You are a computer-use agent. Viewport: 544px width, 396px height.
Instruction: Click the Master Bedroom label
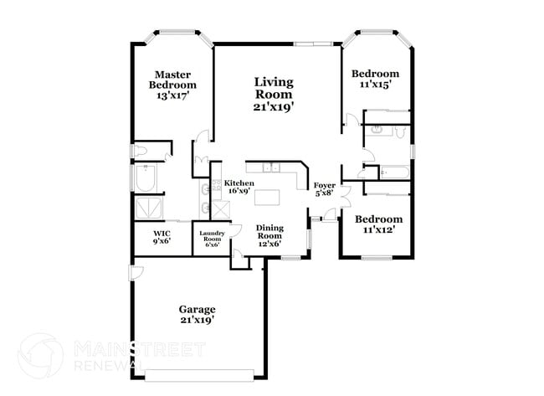coord(172,85)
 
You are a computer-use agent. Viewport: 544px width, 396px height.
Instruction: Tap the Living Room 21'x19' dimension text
coord(274,107)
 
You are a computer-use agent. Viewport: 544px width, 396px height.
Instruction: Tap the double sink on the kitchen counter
coord(270,167)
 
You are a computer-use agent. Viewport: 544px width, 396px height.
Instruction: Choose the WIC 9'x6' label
coord(162,237)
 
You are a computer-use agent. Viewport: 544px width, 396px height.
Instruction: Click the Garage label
coord(197,313)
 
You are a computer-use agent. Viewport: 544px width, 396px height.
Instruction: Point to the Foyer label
coord(323,188)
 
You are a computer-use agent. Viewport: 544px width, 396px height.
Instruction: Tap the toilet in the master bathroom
coord(141,152)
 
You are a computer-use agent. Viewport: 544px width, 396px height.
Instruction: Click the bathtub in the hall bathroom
coord(391,173)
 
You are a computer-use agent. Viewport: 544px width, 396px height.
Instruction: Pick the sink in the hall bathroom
coord(376,130)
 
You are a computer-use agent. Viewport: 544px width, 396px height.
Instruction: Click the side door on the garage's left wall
coord(135,274)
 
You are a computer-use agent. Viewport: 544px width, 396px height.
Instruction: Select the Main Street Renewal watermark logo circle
coord(40,355)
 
